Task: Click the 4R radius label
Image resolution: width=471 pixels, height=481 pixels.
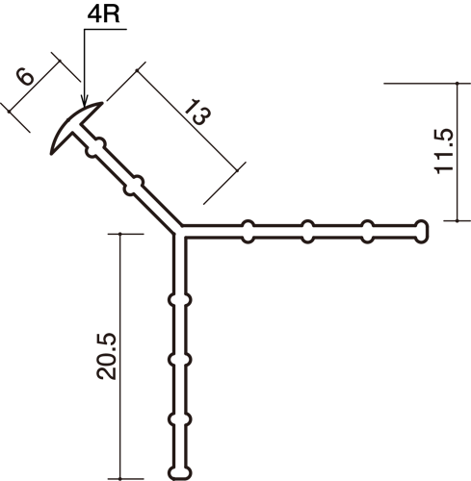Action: coord(103,14)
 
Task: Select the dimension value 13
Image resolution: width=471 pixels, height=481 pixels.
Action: coord(197,113)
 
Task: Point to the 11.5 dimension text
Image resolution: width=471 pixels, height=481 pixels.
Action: coord(444,152)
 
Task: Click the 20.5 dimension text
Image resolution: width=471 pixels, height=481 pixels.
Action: coord(107,357)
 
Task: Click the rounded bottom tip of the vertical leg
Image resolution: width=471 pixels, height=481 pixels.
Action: coord(180,473)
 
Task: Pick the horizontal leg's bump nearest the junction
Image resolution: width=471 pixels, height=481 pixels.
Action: coord(249,232)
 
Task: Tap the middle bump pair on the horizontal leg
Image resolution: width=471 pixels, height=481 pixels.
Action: coord(307,232)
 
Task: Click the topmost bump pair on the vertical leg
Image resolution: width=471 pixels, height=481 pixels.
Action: coord(180,300)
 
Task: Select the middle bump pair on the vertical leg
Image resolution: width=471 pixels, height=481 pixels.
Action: coord(180,360)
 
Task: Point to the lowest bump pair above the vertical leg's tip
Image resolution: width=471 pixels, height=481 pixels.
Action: coord(180,419)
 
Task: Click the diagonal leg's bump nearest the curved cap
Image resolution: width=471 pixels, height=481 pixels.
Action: coord(96,147)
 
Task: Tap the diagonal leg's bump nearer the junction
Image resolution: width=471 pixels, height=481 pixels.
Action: coord(134,186)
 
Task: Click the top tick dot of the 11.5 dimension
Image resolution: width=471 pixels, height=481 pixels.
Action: coord(457,83)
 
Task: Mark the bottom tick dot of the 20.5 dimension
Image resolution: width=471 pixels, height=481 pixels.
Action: coord(120,479)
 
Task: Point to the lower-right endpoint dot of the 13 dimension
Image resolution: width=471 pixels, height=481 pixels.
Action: coord(238,170)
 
